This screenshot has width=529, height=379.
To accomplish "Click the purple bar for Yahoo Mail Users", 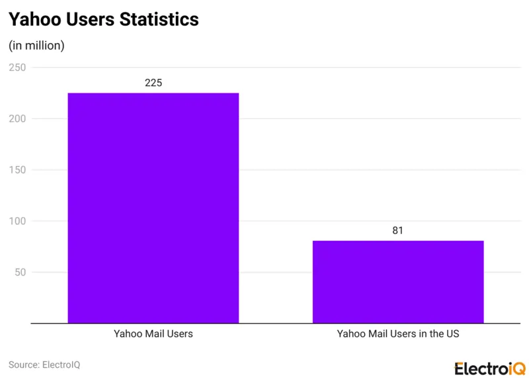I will (x=153, y=208).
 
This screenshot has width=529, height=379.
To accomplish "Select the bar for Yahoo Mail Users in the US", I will (x=397, y=282).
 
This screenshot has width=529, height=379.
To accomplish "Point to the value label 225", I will (x=153, y=83).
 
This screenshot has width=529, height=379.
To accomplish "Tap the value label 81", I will (x=397, y=230).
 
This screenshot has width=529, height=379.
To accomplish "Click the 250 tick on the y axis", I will (x=17, y=67).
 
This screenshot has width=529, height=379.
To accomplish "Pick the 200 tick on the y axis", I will (x=17, y=119).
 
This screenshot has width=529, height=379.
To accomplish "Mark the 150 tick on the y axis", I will (x=17, y=170).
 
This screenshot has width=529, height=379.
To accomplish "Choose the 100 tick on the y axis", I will (x=17, y=221).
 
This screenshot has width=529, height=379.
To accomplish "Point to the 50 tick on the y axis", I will (x=20, y=273).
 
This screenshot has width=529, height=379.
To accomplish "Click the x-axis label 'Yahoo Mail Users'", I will (x=153, y=334).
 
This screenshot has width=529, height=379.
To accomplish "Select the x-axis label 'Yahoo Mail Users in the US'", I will (x=397, y=334).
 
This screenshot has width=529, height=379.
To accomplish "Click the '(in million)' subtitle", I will (x=36, y=46).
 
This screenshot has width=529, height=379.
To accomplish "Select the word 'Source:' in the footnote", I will (x=24, y=364).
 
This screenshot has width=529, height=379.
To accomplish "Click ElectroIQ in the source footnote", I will (x=61, y=364).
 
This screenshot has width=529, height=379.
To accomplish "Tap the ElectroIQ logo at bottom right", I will (x=489, y=368).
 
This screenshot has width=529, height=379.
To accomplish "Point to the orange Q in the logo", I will (x=517, y=368).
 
